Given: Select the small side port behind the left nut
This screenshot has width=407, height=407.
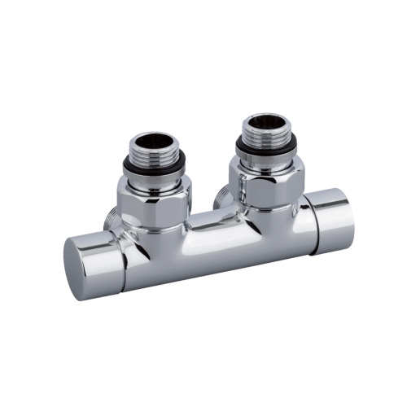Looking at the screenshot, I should (112, 220).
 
